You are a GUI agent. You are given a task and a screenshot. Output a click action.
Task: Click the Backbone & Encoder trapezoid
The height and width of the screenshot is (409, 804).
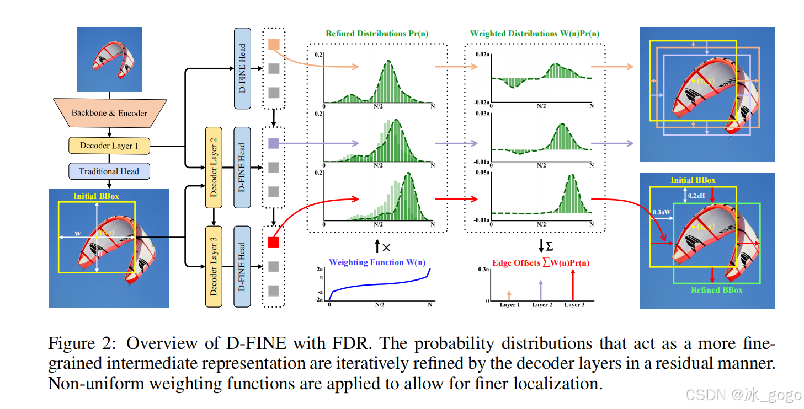pos(109,112)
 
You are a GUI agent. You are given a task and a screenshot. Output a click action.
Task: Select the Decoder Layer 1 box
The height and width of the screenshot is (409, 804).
pos(109,146)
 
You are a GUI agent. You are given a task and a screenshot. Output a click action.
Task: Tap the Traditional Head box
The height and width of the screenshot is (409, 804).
pos(109,171)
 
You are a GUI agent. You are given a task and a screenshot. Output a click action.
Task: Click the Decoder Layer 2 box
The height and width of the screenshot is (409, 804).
pos(213,168)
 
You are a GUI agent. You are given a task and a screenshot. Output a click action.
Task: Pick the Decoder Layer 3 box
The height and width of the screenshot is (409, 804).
pos(213,266)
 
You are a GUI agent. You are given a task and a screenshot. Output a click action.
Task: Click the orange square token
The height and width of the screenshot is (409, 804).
pos(273,45)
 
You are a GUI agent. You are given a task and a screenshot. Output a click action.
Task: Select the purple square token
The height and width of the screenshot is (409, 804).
pos(273,143)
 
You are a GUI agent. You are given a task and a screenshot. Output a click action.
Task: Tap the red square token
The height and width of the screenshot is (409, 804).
pos(273,242)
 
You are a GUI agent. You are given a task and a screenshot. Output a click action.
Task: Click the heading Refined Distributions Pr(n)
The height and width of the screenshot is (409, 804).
pos(374,34)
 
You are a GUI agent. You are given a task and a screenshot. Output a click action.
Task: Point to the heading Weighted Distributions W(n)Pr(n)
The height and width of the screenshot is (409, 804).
pos(535,34)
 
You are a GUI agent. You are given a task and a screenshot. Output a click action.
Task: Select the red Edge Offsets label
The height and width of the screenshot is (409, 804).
pos(540,263)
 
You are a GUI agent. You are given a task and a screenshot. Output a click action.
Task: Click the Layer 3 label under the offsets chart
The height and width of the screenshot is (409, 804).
pos(574,305)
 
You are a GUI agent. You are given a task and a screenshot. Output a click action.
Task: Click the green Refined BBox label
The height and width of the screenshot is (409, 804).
pos(717,290)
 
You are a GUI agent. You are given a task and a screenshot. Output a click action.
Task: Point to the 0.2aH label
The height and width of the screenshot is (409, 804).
pos(697,196)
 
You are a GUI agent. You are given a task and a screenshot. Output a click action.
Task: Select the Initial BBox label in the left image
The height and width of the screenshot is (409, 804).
pos(96,196)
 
